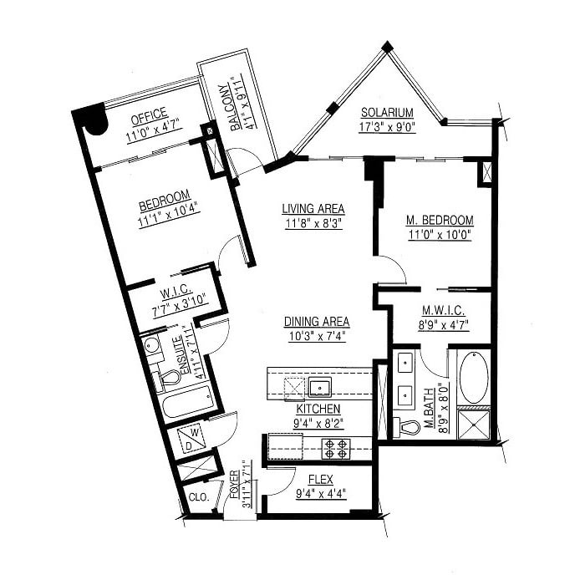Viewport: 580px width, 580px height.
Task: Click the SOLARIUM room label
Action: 387,112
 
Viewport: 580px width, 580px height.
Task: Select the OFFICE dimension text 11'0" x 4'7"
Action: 153,131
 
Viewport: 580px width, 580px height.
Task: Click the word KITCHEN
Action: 318,409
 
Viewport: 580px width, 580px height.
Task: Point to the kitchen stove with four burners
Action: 336,448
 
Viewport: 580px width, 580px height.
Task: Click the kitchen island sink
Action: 319,387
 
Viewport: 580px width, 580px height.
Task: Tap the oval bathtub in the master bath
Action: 474,377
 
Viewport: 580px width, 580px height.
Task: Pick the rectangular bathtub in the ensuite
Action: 188,404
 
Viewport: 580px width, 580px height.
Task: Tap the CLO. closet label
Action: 199,497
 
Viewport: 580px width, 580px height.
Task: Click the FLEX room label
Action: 321,480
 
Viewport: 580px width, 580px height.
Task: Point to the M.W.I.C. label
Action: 444,310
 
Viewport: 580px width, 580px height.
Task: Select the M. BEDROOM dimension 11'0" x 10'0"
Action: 440,235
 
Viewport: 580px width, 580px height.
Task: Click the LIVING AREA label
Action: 313,209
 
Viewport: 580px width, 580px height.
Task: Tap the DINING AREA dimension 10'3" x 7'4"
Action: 318,336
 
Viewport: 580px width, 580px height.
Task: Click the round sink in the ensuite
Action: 151,345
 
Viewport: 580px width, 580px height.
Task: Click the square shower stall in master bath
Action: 474,425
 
